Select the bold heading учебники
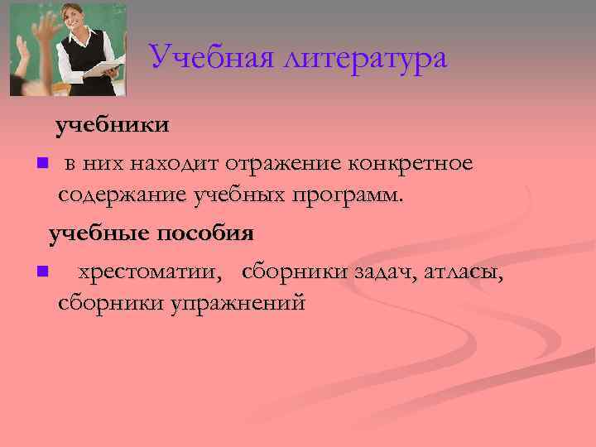point(113,125)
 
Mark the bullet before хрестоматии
point(41,271)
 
